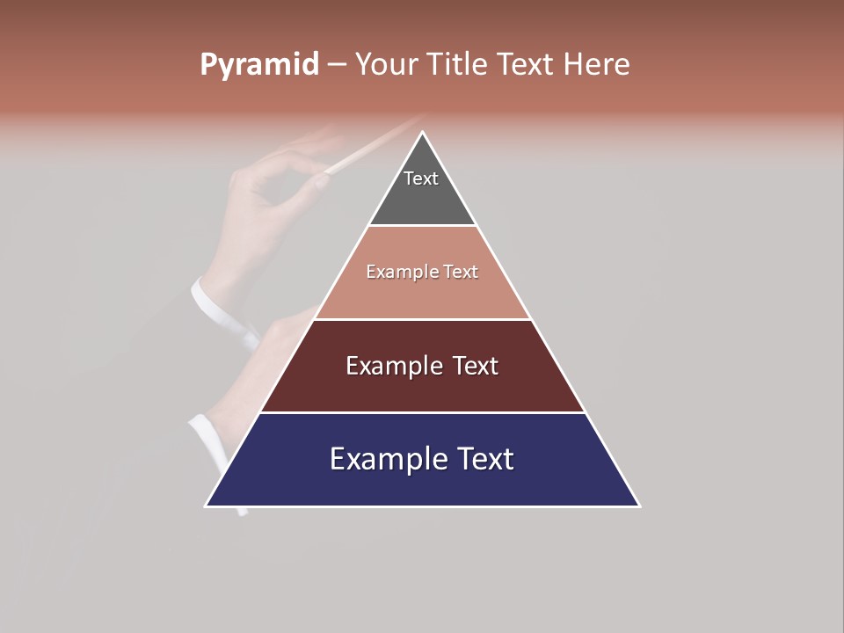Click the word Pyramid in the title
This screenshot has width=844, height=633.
(x=258, y=65)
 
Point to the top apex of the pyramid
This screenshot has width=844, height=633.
(x=422, y=133)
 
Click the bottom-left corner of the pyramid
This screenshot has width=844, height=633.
(x=207, y=506)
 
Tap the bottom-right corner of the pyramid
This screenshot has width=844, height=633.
(x=638, y=506)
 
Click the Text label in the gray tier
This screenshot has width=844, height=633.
(x=421, y=178)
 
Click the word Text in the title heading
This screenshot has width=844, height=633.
(x=526, y=65)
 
